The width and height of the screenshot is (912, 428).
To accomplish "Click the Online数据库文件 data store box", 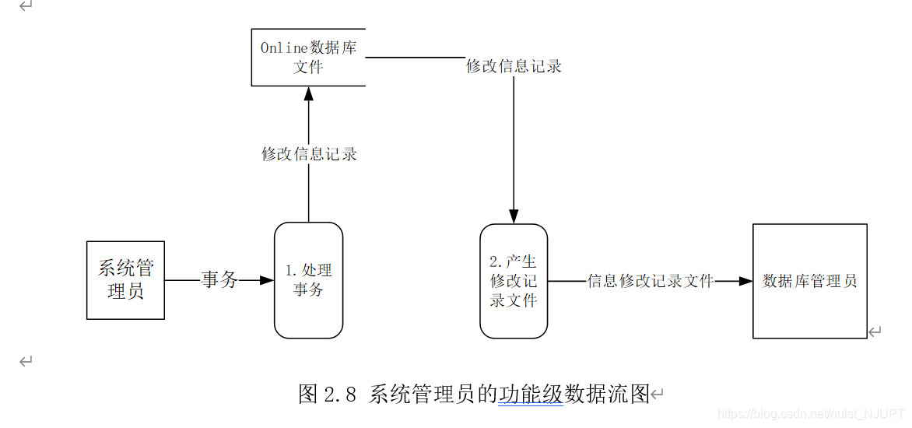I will [x=308, y=58].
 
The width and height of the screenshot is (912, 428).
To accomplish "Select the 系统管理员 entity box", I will [x=125, y=280].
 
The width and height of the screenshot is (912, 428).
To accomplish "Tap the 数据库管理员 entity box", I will [x=809, y=281].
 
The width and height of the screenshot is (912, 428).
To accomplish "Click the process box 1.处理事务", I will [x=308, y=280].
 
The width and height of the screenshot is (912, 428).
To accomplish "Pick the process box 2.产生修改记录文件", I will [x=513, y=281].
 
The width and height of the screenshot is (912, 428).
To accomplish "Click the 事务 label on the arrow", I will [x=219, y=280].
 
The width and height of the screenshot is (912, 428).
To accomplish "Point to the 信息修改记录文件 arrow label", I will [x=650, y=281].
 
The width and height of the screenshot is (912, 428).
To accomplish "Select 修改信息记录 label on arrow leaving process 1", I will [x=309, y=154].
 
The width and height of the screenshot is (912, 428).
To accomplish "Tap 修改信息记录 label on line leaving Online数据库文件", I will [x=514, y=66].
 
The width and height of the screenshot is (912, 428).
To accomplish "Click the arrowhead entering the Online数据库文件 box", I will [x=309, y=93].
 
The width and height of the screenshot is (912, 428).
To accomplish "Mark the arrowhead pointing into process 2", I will [x=514, y=216].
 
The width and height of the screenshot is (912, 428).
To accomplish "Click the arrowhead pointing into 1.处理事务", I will [x=266, y=280].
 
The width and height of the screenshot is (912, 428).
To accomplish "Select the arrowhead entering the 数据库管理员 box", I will [x=745, y=281].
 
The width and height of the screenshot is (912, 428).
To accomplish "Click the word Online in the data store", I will [x=284, y=48].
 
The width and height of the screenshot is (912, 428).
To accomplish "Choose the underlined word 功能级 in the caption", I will [x=531, y=394].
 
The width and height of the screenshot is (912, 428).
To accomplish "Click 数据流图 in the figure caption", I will [x=607, y=394].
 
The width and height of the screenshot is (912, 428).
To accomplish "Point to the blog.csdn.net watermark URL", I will [x=810, y=415].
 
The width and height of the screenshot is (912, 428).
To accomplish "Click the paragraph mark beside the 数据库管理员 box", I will [x=875, y=332].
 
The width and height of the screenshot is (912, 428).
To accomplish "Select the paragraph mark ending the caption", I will [x=657, y=395].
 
